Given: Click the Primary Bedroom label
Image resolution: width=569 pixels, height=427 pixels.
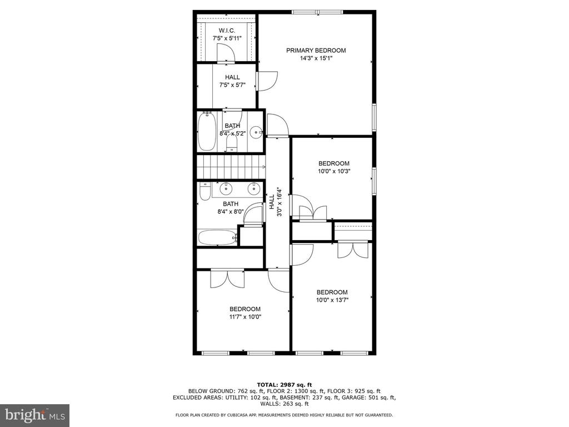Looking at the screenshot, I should [x=316, y=51].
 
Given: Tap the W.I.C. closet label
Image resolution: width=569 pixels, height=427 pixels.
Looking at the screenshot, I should [x=227, y=30].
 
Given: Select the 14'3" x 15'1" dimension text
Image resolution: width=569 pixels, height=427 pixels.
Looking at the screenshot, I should [x=316, y=58].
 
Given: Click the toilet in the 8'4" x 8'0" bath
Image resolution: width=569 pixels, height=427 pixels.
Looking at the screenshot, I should [x=204, y=192].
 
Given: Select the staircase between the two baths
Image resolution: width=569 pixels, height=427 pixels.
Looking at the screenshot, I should [x=230, y=165].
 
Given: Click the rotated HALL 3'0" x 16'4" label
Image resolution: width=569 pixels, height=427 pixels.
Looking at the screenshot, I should [x=275, y=202].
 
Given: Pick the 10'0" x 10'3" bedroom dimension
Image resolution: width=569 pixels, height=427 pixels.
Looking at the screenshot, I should [x=333, y=171].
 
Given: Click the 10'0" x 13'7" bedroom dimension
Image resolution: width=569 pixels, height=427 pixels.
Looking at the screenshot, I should [x=332, y=300].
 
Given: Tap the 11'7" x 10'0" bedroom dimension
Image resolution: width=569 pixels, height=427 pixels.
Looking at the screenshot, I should [x=245, y=317].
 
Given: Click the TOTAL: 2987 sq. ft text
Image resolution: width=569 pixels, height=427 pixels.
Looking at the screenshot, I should [x=284, y=385].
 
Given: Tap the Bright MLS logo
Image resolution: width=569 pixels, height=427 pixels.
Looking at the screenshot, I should [x=34, y=415].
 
